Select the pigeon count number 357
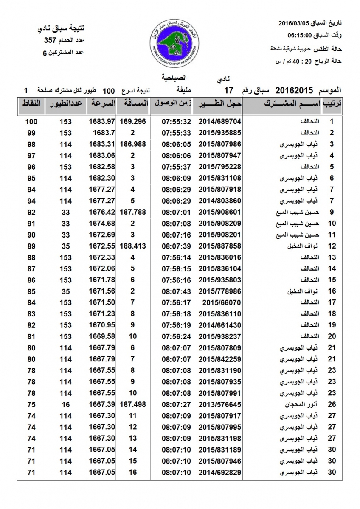coord(51,41)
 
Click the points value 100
coord(31,121)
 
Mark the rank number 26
coord(332,404)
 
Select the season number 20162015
coord(294,90)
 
